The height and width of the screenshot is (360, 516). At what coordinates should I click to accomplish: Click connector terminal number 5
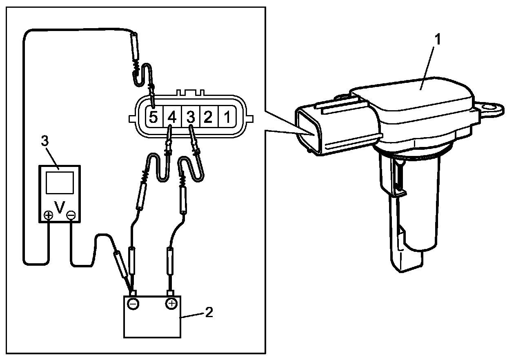coord(153,118)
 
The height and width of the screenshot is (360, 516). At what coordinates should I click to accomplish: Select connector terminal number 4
coord(172,118)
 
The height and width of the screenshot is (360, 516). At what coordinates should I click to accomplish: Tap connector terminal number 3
coord(190,118)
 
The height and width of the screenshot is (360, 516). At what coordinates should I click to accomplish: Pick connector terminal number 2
coord(208,118)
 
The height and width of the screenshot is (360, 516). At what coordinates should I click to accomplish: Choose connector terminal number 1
coord(227,118)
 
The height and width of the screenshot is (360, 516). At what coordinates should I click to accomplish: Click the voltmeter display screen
coord(60,182)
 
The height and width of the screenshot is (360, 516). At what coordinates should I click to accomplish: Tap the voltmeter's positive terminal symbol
coord(48,215)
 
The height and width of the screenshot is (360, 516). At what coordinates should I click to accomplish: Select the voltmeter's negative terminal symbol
coord(71,215)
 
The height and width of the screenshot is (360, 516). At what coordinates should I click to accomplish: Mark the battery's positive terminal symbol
coord(171,303)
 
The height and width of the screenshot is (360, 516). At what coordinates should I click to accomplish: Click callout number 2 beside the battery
coord(208,313)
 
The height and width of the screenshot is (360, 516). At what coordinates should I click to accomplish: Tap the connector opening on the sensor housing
coord(307,130)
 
